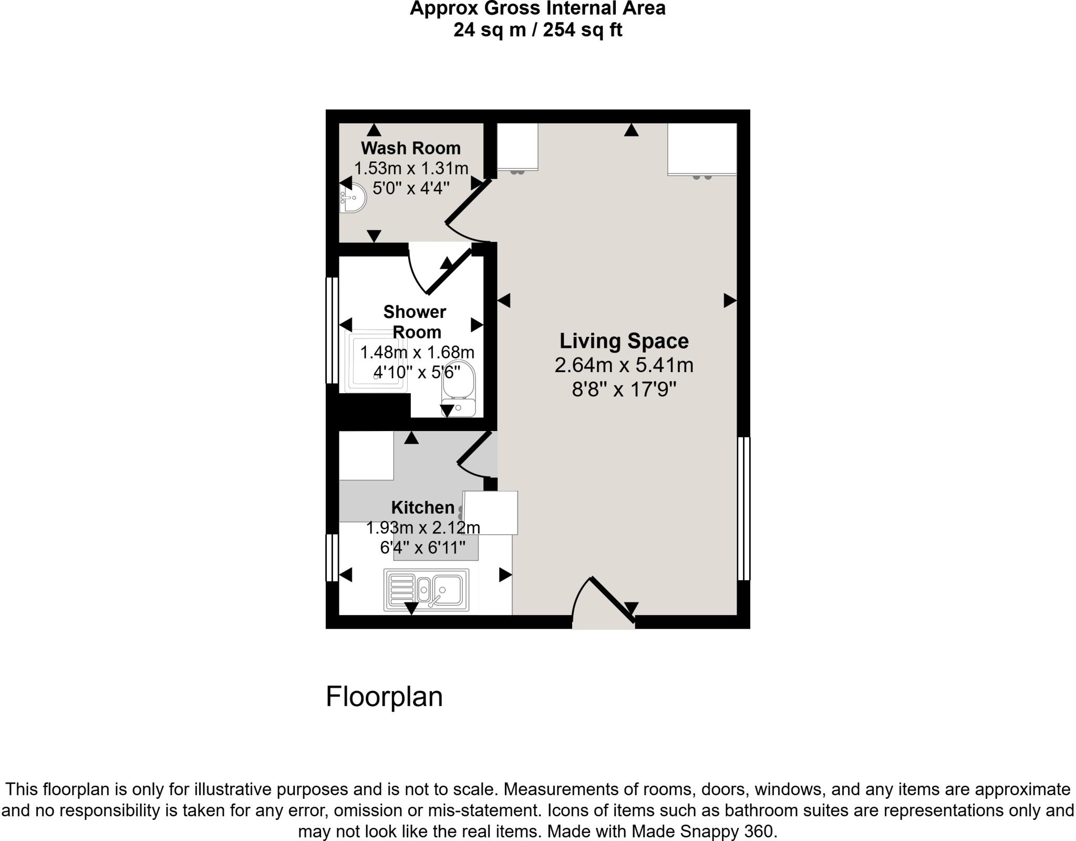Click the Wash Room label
click(x=411, y=148)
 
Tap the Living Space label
click(x=624, y=341)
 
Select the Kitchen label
click(x=422, y=508)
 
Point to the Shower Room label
click(x=415, y=322)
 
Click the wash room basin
click(x=352, y=198)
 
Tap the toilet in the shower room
click(x=459, y=389)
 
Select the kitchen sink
click(x=426, y=590)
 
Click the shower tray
click(x=376, y=361)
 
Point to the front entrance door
click(x=604, y=602)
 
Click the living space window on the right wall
click(x=744, y=508)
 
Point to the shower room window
click(x=332, y=330)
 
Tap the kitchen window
click(x=332, y=558)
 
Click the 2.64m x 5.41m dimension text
click(x=624, y=365)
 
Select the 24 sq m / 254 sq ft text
click(x=537, y=30)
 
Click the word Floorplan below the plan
click(x=384, y=696)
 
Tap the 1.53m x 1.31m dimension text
click(x=411, y=168)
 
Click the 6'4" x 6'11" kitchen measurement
click(x=422, y=548)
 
